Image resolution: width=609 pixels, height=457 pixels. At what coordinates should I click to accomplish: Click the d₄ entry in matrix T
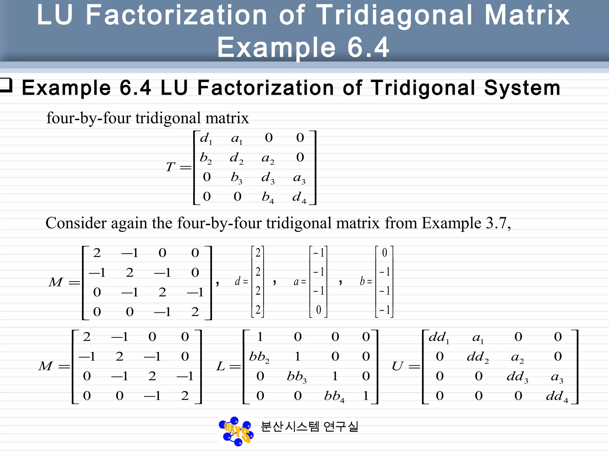[299, 197]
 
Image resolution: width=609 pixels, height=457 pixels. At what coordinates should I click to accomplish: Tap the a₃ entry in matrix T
[299, 178]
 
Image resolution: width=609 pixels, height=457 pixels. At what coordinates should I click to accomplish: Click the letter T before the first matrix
[170, 167]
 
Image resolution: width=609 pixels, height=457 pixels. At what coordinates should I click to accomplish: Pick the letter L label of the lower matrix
[221, 366]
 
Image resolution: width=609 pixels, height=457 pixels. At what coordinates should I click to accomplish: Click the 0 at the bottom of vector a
[318, 310]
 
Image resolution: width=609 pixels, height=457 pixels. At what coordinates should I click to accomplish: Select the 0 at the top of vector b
[384, 253]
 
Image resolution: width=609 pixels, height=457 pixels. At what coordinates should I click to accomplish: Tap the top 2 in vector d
[258, 253]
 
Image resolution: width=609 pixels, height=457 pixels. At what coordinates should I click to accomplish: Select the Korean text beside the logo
[310, 427]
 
